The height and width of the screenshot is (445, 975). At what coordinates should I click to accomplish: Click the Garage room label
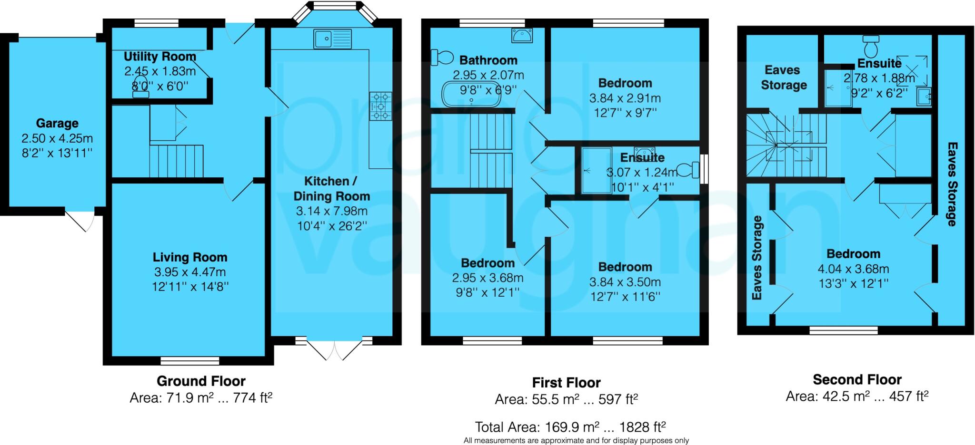tap(57, 123)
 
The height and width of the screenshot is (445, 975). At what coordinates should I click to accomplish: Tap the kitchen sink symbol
tap(332, 38)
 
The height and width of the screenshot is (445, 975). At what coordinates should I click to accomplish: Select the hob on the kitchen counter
tap(380, 106)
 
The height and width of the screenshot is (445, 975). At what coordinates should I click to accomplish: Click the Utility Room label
tap(159, 57)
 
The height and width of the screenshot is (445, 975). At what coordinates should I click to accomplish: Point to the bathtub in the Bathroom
tap(471, 94)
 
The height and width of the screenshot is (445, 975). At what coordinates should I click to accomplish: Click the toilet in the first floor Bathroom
tap(442, 58)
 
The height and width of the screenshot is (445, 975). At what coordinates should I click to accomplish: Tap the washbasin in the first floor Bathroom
tap(522, 35)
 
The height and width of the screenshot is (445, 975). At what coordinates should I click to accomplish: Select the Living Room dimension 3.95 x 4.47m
tap(189, 272)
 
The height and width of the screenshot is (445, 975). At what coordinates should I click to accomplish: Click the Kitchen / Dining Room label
tap(331, 189)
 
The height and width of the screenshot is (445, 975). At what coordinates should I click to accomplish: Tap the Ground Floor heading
tap(201, 381)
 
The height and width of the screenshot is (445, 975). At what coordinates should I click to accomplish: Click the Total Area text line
tap(570, 426)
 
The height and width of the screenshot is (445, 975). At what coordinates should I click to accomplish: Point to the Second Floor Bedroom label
tap(853, 253)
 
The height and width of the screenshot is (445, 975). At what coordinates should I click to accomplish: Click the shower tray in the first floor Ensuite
tap(596, 170)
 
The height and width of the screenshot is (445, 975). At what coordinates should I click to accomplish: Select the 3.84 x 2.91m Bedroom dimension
tap(625, 98)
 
